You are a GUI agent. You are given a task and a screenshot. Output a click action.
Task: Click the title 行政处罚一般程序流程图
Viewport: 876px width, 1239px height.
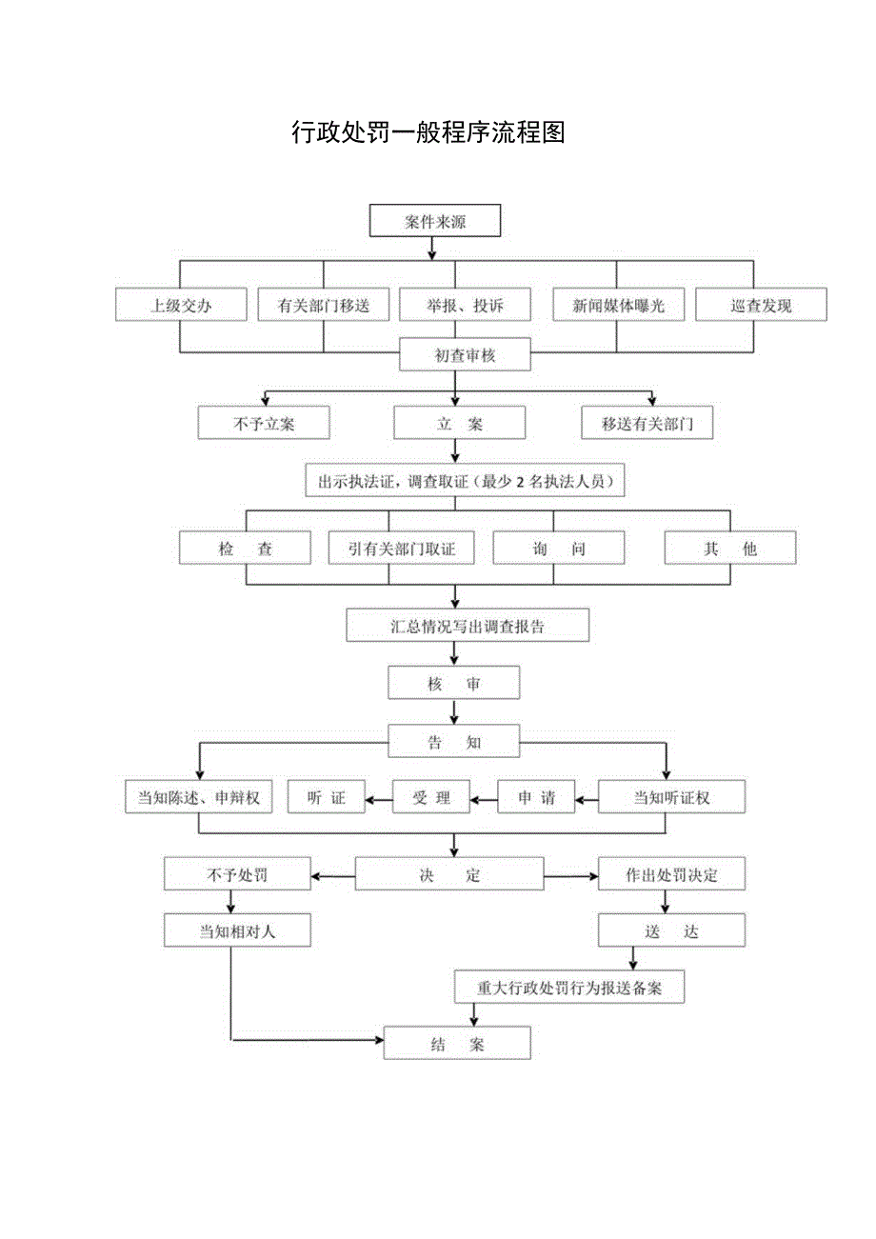(x=428, y=132)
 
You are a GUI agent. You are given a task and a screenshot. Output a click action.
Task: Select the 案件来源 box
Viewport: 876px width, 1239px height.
(x=434, y=222)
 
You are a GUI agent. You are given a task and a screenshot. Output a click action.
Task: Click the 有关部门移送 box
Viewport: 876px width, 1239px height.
(x=323, y=306)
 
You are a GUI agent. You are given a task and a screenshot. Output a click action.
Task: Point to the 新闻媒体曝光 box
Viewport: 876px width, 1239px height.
(x=617, y=306)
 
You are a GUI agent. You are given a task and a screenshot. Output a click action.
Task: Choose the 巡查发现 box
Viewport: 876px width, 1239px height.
(x=761, y=306)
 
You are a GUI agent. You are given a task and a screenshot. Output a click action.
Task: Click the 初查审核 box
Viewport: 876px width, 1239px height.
(x=465, y=356)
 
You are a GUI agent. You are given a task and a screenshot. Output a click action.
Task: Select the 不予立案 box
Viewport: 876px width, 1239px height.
(x=264, y=424)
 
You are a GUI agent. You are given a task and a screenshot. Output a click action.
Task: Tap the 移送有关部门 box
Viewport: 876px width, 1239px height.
(x=647, y=424)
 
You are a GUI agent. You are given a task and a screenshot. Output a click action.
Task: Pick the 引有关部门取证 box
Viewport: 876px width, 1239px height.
(x=401, y=550)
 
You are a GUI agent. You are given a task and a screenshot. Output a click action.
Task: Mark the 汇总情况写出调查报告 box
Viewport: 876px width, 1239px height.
(x=468, y=626)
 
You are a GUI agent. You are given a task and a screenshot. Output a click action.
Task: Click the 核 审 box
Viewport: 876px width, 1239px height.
(x=454, y=684)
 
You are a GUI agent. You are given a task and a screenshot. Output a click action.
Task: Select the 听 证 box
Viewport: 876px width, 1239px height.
(x=327, y=798)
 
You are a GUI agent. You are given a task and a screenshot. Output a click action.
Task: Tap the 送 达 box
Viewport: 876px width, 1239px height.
(x=671, y=931)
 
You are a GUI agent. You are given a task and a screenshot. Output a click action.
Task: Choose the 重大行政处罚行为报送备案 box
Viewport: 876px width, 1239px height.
(x=569, y=988)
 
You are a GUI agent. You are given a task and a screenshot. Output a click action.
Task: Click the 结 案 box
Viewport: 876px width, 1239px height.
(x=457, y=1044)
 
